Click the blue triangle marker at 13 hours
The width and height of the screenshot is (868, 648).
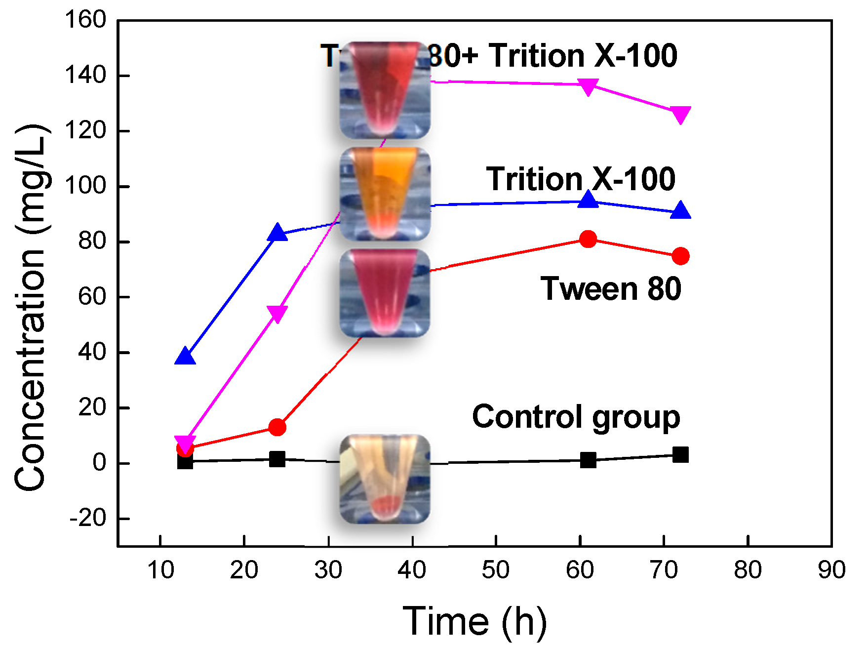tap(185, 356)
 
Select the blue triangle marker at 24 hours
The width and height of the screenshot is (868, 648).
tap(277, 232)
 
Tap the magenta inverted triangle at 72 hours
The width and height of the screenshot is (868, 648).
tap(681, 115)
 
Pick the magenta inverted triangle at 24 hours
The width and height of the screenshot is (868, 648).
tap(277, 313)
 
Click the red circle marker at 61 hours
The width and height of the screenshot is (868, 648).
tap(588, 240)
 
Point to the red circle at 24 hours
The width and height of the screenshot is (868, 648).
tap(277, 427)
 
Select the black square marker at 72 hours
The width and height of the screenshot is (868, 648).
tap(681, 455)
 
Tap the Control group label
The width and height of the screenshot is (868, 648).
tap(576, 417)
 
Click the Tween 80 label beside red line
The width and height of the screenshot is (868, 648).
tap(611, 289)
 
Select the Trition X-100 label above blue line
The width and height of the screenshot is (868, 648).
tap(581, 179)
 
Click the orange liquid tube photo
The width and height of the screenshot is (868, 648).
tap(385, 194)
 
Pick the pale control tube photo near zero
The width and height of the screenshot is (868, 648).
tap(385, 479)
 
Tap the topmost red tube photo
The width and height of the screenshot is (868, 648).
tap(385, 90)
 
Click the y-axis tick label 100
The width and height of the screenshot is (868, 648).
tap(85, 186)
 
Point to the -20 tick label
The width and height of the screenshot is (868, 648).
tap(88, 519)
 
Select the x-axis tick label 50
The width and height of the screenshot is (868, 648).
tap(496, 570)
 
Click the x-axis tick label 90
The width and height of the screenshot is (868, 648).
tap(831, 570)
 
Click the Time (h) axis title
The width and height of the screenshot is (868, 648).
tap(475, 621)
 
